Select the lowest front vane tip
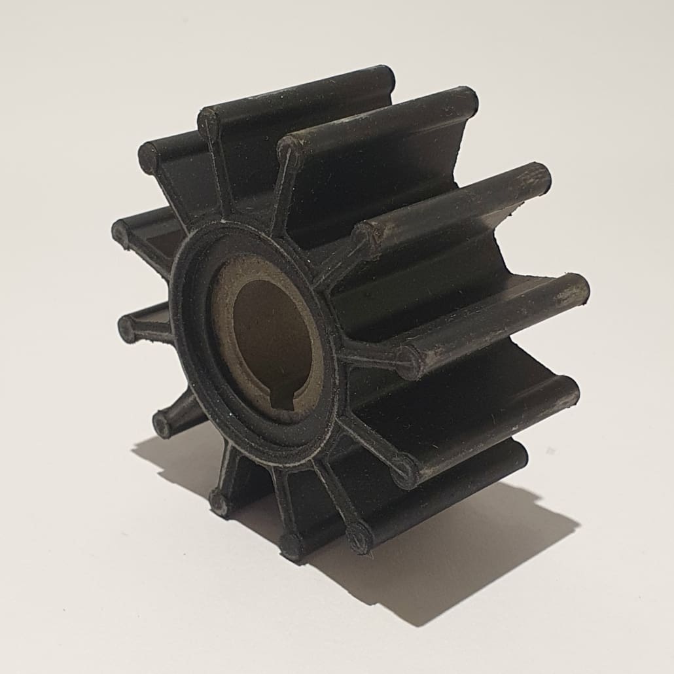pyautogui.click(x=291, y=544)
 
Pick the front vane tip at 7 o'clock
pyautogui.click(x=219, y=502)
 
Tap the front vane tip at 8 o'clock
pyautogui.click(x=162, y=424)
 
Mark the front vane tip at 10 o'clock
pyautogui.click(x=121, y=232)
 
